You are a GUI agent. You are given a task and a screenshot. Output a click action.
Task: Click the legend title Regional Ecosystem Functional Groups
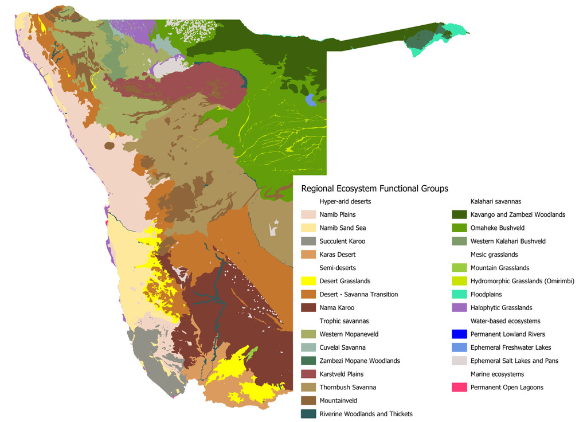tap(374, 188)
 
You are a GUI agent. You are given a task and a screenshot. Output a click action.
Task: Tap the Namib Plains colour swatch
tap(309, 215)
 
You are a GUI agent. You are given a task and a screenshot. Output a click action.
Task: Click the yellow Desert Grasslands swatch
tap(309, 281)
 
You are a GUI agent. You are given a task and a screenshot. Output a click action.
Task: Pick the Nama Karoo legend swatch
tap(309, 308)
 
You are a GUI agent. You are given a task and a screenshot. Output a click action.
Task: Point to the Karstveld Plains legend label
tap(341, 374)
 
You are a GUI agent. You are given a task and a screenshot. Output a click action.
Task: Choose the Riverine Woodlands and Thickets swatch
tap(309, 414)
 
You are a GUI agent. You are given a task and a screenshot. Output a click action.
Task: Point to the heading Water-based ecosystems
tap(505, 321)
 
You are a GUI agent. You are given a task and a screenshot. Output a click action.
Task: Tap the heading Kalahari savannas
tap(495, 202)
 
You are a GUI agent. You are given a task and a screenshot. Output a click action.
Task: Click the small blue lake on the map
tap(311, 100)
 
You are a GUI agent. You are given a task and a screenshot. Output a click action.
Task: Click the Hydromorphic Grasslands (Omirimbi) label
tap(522, 282)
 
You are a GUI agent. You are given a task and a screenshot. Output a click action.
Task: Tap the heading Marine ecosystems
tap(497, 374)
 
